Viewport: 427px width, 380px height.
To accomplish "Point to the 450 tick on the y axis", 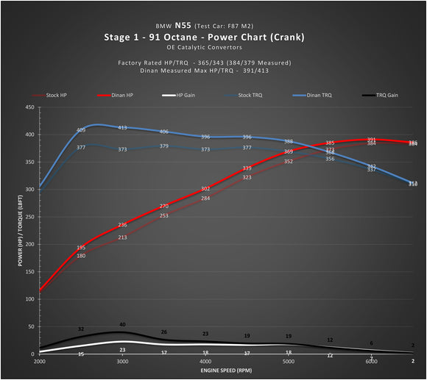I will (29, 107).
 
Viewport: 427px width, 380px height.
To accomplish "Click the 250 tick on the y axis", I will (29, 217).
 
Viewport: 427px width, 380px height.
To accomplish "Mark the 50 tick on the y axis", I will (32, 326).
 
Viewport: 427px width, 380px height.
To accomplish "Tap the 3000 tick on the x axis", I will (122, 362).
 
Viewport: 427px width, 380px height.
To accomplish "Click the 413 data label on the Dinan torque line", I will (123, 128).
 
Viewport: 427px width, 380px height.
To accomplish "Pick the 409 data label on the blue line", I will (81, 130).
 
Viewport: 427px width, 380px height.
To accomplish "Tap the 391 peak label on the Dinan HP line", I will (372, 140).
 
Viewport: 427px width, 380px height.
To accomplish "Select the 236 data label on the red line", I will (122, 225).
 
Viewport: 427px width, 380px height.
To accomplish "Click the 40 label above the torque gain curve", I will (122, 324).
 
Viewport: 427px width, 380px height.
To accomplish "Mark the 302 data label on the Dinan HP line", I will (205, 189).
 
